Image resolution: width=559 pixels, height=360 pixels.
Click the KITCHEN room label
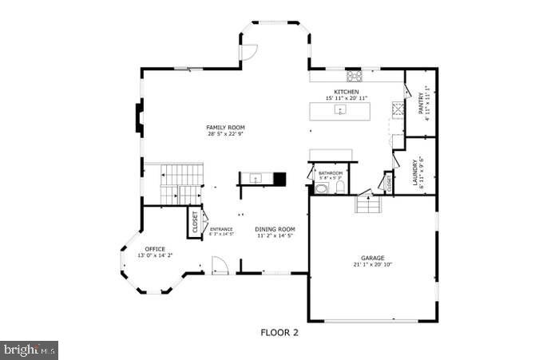pyautogui.click(x=347, y=93)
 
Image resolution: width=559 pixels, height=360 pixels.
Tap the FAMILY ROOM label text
pyautogui.click(x=225, y=128)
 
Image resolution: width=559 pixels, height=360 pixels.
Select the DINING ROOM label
pyautogui.click(x=276, y=229)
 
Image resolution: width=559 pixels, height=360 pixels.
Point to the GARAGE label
pyautogui.click(x=372, y=258)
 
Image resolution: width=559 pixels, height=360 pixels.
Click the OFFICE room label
pyautogui.click(x=154, y=249)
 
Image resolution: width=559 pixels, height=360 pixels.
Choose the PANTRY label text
pyautogui.click(x=421, y=105)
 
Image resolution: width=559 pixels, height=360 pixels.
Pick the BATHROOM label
pyautogui.click(x=330, y=173)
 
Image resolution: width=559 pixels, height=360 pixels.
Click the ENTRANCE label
pyautogui.click(x=221, y=229)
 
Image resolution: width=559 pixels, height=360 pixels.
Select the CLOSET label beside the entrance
pyautogui.click(x=194, y=221)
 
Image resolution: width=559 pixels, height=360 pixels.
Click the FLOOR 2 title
pyautogui.click(x=279, y=331)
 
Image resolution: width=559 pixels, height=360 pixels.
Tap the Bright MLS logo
pyautogui.click(x=30, y=350)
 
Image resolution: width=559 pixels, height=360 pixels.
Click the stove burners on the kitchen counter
pyautogui.click(x=355, y=77)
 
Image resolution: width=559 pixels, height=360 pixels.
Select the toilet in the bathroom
pyautogui.click(x=340, y=188)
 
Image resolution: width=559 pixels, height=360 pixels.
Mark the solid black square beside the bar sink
pyautogui.click(x=279, y=178)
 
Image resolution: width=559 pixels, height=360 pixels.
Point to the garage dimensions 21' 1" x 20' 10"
pyautogui.click(x=372, y=264)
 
